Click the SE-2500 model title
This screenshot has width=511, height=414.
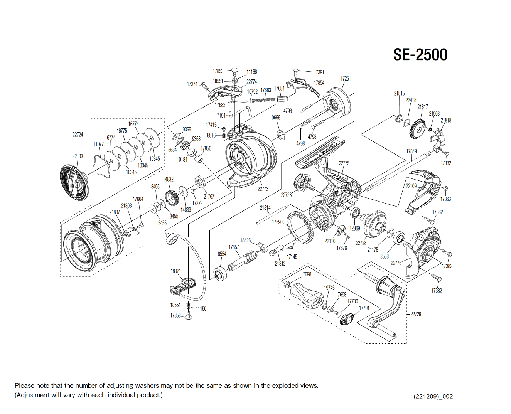pos(420,55)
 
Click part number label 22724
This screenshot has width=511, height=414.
pos(78,135)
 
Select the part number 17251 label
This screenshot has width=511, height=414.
pos(346,79)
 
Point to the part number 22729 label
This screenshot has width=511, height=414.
pos(416,314)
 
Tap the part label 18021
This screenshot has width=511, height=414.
pos(175,271)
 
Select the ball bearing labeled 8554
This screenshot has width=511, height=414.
pos(220,274)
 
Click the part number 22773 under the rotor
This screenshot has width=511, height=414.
pos(263,189)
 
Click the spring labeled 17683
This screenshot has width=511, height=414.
pos(264,100)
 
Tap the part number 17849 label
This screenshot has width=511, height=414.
pos(411,151)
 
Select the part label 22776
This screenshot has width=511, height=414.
pos(396,263)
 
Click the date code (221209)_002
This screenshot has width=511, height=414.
pos(433,396)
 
